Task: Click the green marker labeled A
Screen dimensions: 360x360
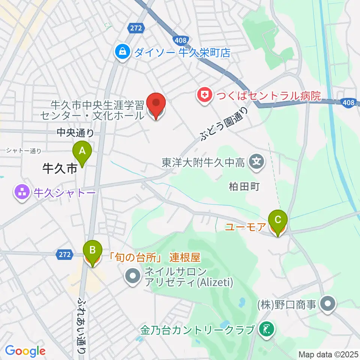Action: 82,152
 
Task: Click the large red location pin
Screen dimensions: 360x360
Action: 156,105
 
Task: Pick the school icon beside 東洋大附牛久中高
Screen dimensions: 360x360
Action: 257,162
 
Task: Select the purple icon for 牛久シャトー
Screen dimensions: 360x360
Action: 22,193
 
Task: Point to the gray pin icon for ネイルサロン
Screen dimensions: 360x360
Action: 132,277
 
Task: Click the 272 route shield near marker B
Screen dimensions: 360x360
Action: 64,255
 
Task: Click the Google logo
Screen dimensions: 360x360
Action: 25,351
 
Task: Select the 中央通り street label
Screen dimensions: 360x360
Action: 75,132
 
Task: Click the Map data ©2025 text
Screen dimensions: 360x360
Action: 328,354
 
